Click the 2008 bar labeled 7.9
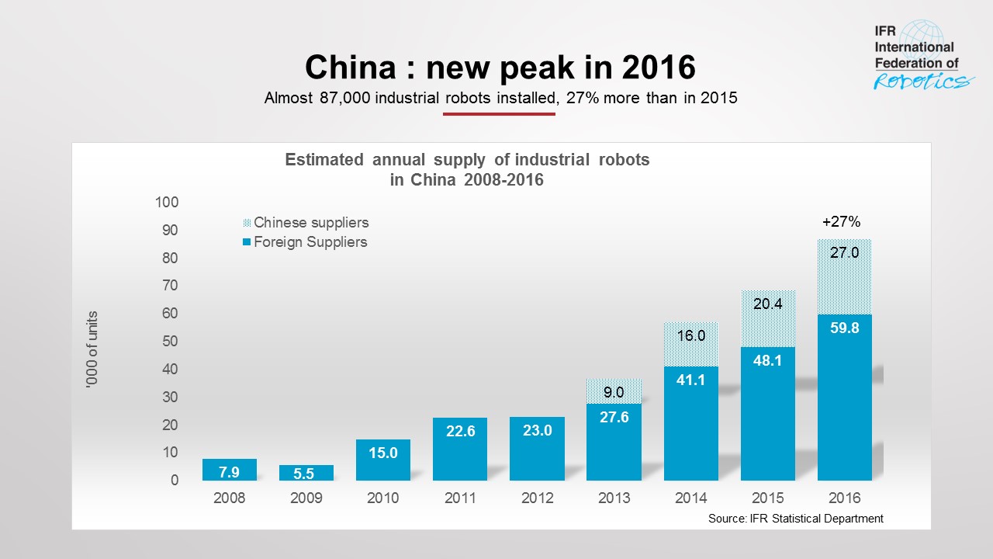(x=229, y=470)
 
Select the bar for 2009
(x=306, y=473)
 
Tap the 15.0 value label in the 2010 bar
(x=383, y=453)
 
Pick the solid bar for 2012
(x=537, y=449)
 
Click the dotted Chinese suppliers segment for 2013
(x=614, y=391)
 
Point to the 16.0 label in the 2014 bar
(x=690, y=336)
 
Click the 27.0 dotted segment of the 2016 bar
(x=845, y=276)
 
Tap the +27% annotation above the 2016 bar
(x=841, y=222)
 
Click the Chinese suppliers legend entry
(x=306, y=223)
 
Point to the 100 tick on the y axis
(x=167, y=203)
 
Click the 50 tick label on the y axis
(x=170, y=342)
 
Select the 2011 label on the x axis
(x=460, y=498)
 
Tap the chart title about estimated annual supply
(x=467, y=169)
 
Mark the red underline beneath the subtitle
(x=499, y=114)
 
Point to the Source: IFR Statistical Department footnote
(x=796, y=519)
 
